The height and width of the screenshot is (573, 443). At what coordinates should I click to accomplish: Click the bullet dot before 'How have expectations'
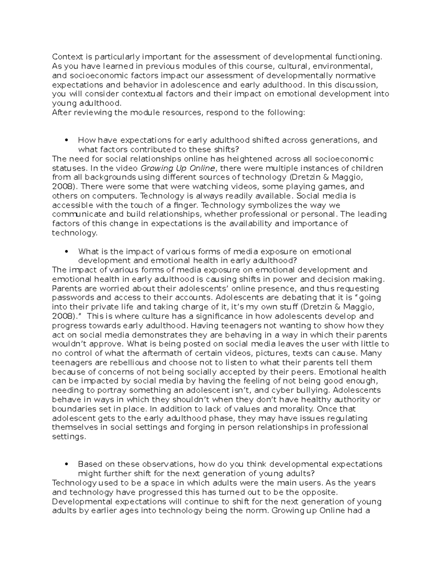click(x=66, y=140)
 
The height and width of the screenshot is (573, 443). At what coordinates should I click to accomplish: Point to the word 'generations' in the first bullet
click(x=335, y=140)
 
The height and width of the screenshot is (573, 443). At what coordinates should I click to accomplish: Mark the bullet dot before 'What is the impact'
click(x=66, y=252)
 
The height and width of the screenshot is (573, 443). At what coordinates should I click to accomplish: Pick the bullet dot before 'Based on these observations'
click(x=66, y=464)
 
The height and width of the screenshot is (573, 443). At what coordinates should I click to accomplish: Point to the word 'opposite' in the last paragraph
click(x=319, y=492)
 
